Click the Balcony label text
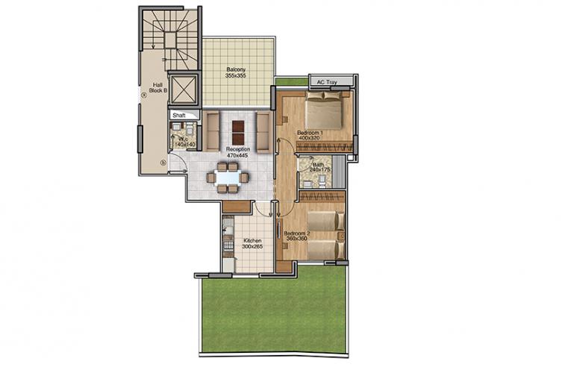(x=236, y=69)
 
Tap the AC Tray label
(x=327, y=82)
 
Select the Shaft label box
(x=184, y=115)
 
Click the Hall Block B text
(x=157, y=88)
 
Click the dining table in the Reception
(x=228, y=178)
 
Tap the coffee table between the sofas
(x=238, y=132)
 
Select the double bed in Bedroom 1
(x=323, y=110)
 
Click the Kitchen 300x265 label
(x=252, y=244)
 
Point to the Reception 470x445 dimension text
(x=237, y=155)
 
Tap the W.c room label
(x=184, y=139)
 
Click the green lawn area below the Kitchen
(x=274, y=311)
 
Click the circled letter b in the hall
(x=163, y=163)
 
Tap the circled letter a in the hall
(x=144, y=95)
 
